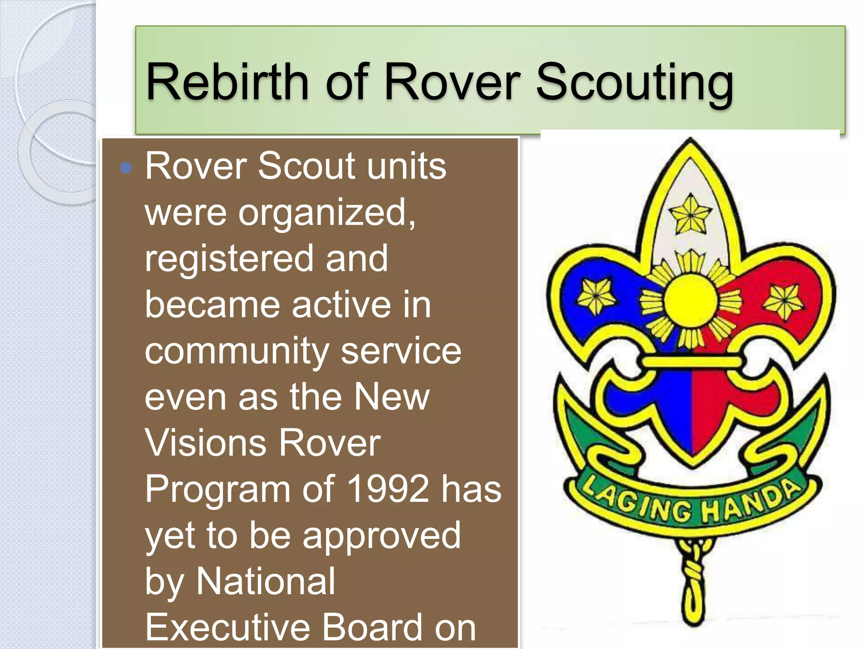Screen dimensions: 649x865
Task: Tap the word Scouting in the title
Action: [635, 82]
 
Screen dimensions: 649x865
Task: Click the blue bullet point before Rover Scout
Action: [126, 168]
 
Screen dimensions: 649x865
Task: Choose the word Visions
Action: [205, 443]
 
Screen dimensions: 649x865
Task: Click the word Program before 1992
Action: [217, 489]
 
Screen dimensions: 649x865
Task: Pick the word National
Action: [266, 581]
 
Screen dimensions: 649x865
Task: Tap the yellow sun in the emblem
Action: [691, 300]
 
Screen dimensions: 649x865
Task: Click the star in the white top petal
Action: [690, 215]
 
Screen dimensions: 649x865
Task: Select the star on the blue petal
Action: [596, 296]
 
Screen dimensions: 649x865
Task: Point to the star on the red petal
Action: [784, 300]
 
